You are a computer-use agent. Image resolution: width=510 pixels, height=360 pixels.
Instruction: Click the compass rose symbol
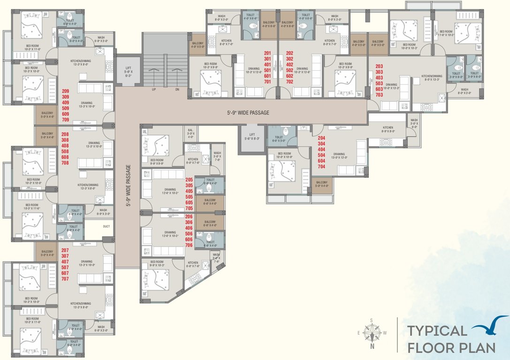[x=372, y=333]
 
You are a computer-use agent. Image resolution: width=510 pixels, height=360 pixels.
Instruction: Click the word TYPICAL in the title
[x=437, y=330]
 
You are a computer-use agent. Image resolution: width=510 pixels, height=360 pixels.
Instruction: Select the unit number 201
[x=268, y=53]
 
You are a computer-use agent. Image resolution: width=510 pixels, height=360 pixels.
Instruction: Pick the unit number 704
[x=321, y=166]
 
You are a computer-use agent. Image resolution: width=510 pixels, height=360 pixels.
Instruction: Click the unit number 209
[x=65, y=90]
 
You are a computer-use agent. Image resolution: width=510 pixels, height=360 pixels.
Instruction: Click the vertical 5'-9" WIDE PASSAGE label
[x=128, y=186]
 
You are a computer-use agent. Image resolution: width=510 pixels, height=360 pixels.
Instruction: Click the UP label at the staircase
[x=153, y=89]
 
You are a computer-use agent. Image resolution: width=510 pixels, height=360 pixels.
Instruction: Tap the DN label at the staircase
[x=177, y=89]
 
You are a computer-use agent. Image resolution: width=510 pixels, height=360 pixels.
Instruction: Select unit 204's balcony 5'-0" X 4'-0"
[x=322, y=184]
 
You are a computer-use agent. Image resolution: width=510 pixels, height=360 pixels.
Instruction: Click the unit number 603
[x=379, y=89]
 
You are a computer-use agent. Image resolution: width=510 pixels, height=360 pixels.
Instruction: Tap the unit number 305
[x=189, y=185]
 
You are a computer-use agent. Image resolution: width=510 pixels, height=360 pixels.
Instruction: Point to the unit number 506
[x=189, y=233]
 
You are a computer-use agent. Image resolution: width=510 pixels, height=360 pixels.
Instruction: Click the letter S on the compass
[x=372, y=321]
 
